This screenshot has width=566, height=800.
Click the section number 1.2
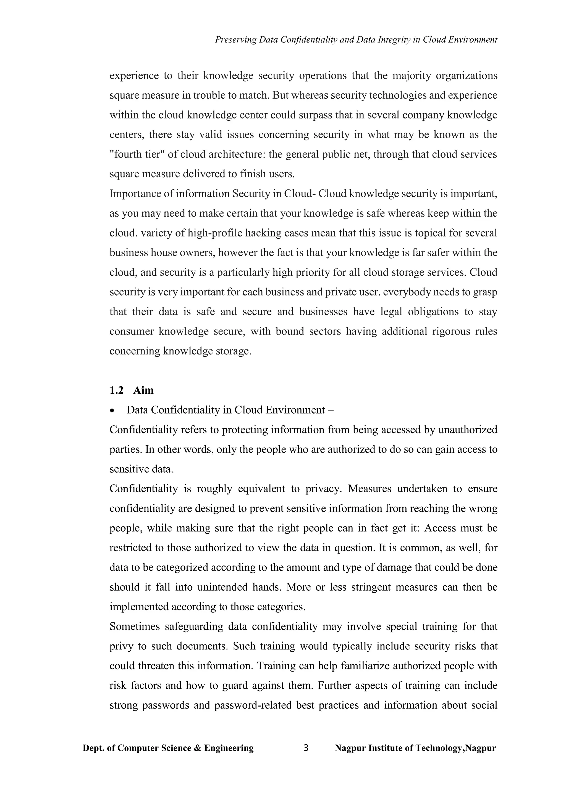pos(116,390)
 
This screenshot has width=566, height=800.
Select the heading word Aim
pos(143,390)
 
